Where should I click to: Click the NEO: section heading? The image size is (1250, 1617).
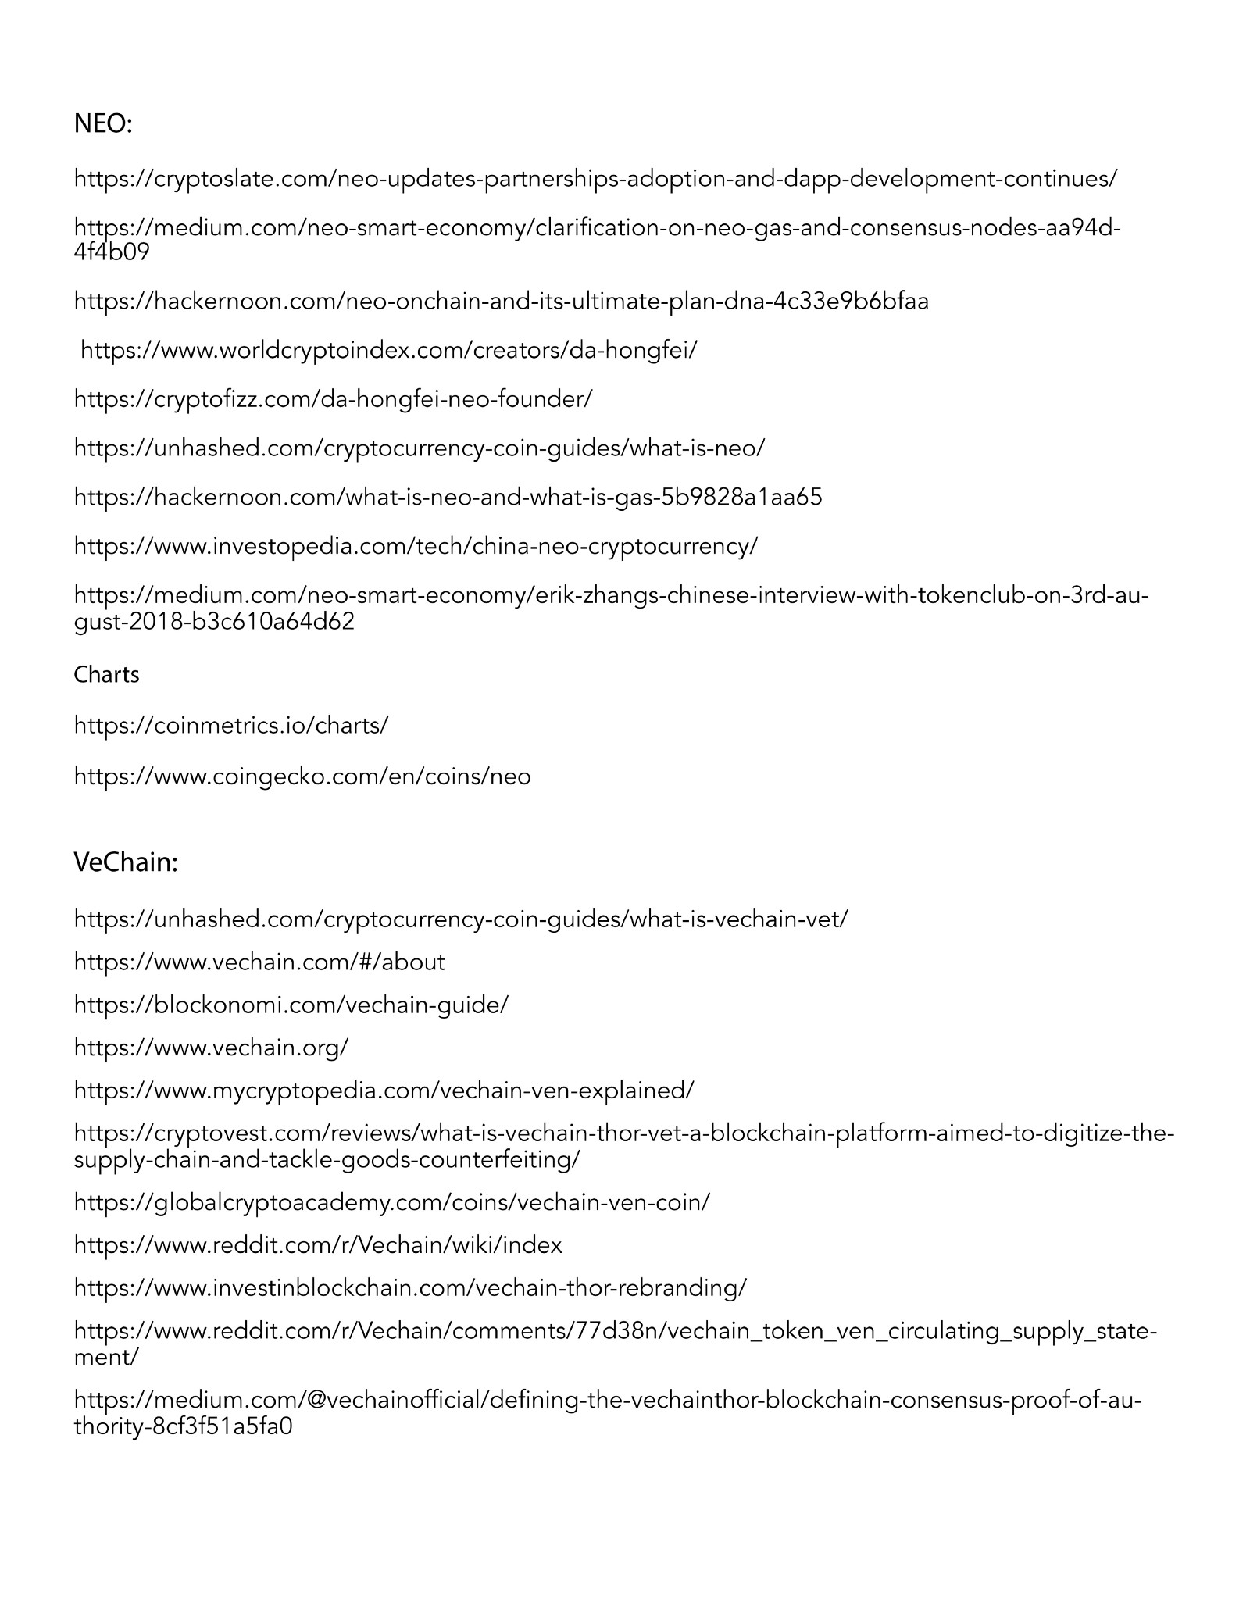pyautogui.click(x=103, y=123)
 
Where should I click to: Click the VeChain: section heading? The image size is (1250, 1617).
pyautogui.click(x=126, y=862)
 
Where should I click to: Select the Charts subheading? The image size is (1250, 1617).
pyautogui.click(x=106, y=674)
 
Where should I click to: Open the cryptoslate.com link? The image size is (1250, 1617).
pyautogui.click(x=595, y=178)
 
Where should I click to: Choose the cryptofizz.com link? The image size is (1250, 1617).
pyautogui.click(x=333, y=399)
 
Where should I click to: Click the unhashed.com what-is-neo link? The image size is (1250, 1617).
pyautogui.click(x=420, y=448)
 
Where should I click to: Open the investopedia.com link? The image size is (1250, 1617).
pyautogui.click(x=416, y=545)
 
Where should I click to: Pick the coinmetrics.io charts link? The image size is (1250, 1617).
pyautogui.click(x=231, y=725)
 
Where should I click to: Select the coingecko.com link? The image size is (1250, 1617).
pyautogui.click(x=302, y=776)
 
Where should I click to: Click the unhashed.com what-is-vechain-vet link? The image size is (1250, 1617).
pyautogui.click(x=461, y=919)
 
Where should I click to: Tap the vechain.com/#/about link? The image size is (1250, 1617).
pyautogui.click(x=259, y=962)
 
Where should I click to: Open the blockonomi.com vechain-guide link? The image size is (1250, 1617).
pyautogui.click(x=291, y=1005)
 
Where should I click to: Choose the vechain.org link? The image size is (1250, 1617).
pyautogui.click(x=211, y=1047)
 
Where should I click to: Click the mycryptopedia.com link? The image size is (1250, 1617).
pyautogui.click(x=384, y=1090)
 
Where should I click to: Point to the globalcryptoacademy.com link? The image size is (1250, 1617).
pyautogui.click(x=391, y=1201)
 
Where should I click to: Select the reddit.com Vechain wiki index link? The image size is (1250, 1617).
pyautogui.click(x=318, y=1244)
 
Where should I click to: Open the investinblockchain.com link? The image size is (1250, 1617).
pyautogui.click(x=410, y=1287)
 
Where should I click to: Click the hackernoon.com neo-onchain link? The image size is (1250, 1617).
pyautogui.click(x=502, y=301)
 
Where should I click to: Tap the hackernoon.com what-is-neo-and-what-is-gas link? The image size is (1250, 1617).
pyautogui.click(x=448, y=497)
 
